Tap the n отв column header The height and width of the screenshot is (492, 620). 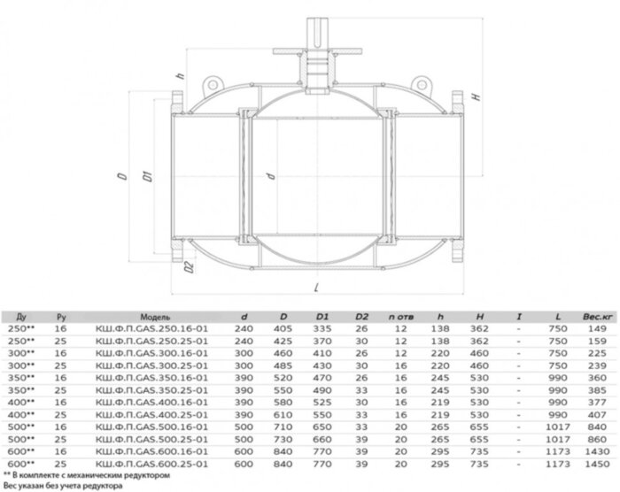(x=397, y=316)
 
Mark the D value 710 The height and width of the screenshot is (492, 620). (x=283, y=426)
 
